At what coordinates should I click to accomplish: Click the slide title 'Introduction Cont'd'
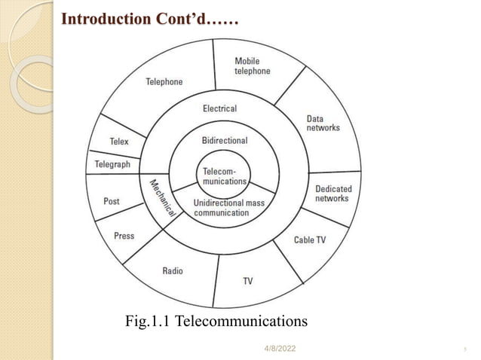[149, 19]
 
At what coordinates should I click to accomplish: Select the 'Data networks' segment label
[323, 124]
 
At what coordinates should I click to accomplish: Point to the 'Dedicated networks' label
[332, 194]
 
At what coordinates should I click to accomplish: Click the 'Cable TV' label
[310, 239]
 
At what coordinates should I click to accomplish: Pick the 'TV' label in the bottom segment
[248, 281]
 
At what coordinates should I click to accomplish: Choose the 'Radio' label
[173, 270]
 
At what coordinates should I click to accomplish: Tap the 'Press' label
[124, 236]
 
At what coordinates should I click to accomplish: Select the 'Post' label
[112, 201]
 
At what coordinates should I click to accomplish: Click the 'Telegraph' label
[112, 164]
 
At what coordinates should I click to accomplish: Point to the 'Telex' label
[119, 142]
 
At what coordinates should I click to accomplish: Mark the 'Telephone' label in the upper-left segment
[164, 81]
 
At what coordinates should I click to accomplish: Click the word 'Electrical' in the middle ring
[219, 108]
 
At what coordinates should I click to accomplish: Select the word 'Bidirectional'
[225, 141]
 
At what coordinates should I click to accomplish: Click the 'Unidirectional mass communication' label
[228, 208]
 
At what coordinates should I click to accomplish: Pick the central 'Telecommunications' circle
[224, 177]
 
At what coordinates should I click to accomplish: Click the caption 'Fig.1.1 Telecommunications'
[216, 322]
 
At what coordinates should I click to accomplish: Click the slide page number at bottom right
[464, 349]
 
